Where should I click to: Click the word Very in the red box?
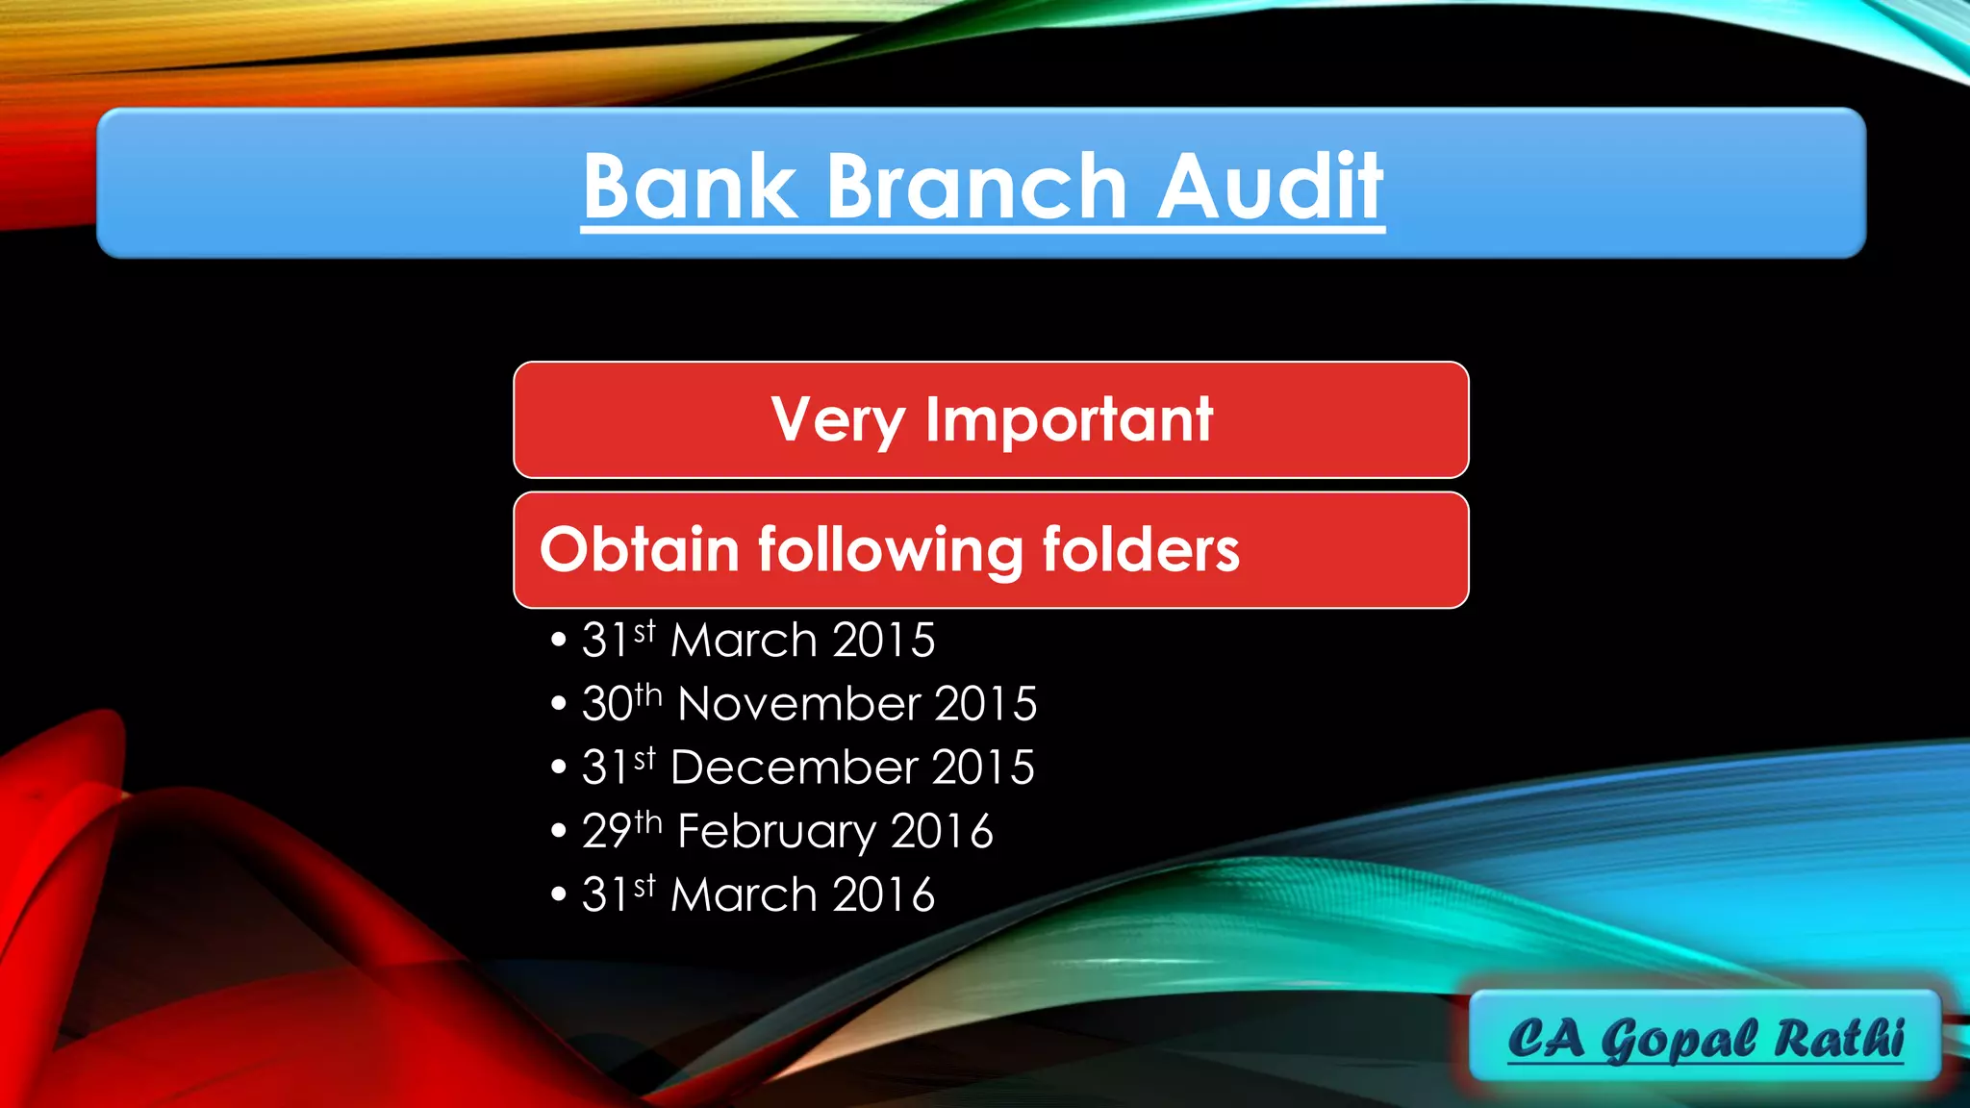point(838,421)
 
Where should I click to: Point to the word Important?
point(1069,419)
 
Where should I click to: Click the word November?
point(798,704)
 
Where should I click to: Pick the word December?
point(794,768)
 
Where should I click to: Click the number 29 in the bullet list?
point(606,832)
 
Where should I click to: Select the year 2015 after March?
point(883,641)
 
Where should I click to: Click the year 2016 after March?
point(883,894)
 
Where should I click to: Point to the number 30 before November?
point(607,704)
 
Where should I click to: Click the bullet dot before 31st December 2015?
point(559,768)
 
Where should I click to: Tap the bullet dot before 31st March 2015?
point(559,641)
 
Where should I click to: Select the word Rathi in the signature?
point(1839,1038)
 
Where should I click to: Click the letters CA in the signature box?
point(1546,1038)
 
